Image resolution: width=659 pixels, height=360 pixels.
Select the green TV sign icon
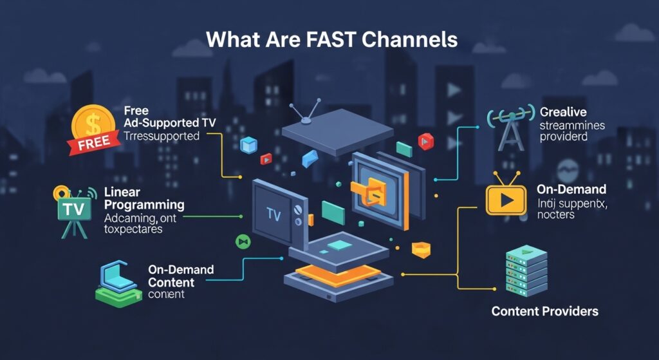coord(73,209)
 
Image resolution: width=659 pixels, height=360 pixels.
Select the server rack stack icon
coord(526,269)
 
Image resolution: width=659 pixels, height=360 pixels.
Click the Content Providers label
coord(544,312)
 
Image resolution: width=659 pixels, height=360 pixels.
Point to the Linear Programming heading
coord(144,198)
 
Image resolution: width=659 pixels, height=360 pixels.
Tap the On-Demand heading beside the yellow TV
coord(571,189)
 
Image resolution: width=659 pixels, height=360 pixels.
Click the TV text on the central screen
coord(274,214)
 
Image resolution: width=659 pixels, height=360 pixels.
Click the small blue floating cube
coord(248,145)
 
